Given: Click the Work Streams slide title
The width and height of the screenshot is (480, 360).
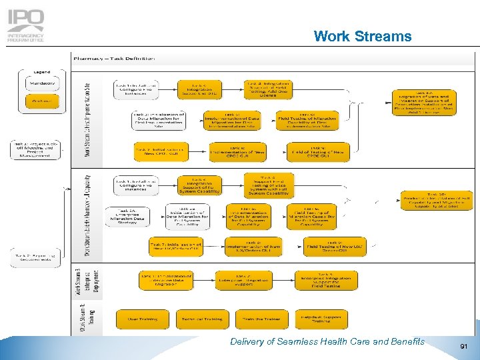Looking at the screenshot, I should [x=362, y=35].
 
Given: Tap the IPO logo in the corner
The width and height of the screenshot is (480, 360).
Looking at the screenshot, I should [x=26, y=25].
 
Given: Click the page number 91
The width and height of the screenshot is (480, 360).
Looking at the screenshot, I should [x=464, y=347].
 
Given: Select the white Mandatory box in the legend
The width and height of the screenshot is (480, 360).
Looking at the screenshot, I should [x=43, y=84].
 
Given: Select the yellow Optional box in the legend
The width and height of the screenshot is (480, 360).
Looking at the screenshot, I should [x=43, y=101].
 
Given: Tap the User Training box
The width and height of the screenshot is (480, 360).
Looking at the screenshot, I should [x=143, y=319].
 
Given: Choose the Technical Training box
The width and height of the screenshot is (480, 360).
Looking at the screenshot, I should [x=202, y=319].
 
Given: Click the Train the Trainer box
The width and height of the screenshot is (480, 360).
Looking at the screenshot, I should [x=261, y=319].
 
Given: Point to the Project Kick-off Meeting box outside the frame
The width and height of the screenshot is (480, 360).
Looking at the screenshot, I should [x=35, y=150].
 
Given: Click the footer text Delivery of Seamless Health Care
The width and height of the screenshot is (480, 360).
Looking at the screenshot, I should [x=327, y=341].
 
